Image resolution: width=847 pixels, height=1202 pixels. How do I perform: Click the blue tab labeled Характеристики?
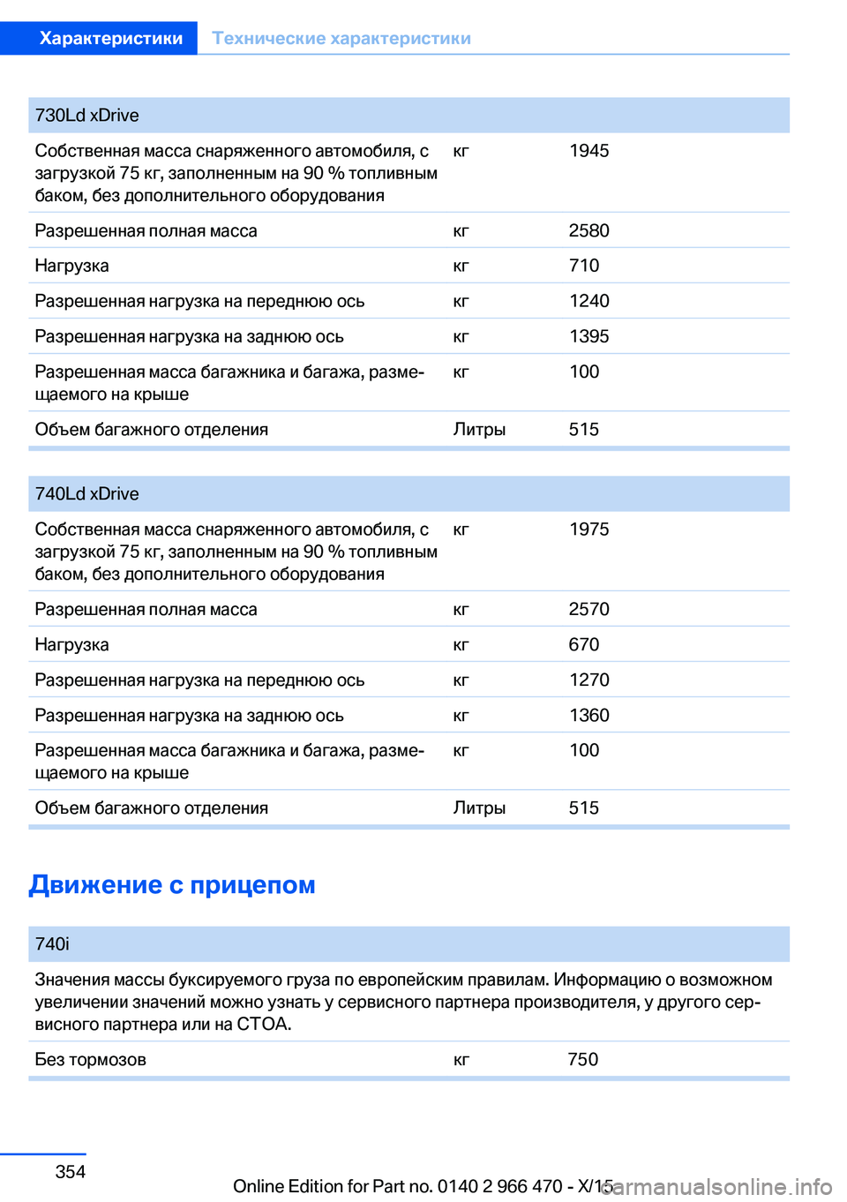111,38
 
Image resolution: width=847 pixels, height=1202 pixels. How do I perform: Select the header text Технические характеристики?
341,38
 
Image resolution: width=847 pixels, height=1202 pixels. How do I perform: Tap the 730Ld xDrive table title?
86,116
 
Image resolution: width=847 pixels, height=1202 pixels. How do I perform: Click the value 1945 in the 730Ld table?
588,151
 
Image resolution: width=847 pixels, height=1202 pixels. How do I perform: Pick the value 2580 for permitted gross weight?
588,230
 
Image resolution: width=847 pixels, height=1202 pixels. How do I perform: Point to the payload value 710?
583,266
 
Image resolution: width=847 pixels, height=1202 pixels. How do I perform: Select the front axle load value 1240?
588,301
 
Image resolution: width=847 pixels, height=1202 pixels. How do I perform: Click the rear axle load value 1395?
588,336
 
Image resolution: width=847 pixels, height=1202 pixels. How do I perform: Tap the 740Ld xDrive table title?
86,494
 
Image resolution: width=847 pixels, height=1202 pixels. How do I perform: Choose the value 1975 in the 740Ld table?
588,530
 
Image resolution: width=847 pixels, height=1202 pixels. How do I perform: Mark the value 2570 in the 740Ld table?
588,609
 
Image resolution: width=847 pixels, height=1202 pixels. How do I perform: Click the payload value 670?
583,644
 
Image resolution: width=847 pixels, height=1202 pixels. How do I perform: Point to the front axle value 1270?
588,680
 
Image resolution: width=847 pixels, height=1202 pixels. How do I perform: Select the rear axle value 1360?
588,715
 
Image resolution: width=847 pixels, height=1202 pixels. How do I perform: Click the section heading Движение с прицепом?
172,884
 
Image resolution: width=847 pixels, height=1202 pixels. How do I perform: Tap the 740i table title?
52,944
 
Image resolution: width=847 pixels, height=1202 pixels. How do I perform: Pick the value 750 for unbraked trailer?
582,1059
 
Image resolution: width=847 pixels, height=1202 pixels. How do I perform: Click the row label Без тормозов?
90,1059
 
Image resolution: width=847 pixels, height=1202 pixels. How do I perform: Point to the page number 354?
71,1172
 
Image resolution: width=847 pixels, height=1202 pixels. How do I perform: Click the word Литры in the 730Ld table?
479,430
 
